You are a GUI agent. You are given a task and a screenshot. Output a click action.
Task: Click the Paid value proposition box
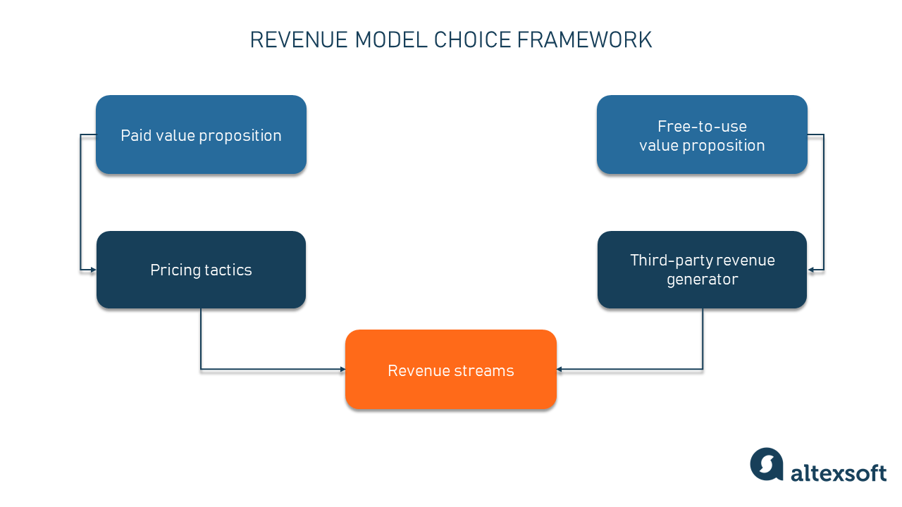pos(201,134)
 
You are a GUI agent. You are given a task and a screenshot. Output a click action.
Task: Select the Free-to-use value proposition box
pos(702,134)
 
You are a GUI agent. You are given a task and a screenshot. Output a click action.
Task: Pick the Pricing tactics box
pos(201,270)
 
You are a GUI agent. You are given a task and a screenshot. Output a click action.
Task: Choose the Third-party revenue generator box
pos(702,270)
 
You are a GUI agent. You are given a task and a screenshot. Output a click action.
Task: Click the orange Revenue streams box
pos(451,370)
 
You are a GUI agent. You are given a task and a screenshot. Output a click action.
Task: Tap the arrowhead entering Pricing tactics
pos(92,270)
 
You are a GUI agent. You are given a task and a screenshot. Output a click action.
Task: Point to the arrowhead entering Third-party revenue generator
pos(811,270)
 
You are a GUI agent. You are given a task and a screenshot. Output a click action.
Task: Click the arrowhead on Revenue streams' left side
pos(342,369)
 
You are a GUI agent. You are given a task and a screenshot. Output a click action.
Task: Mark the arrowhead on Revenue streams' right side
pos(560,369)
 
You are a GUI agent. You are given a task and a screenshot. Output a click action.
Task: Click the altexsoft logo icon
pos(767,465)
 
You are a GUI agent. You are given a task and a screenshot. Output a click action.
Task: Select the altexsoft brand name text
pos(838,473)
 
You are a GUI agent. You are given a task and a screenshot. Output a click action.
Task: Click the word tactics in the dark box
pos(228,270)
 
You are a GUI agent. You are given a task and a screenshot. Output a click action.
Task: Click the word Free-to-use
pos(702,126)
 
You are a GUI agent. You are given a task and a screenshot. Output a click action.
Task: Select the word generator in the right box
pos(702,280)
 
